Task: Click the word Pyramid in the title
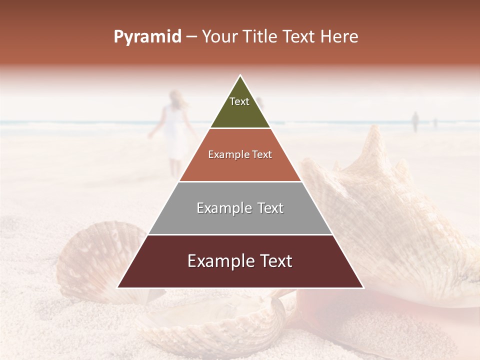(x=147, y=37)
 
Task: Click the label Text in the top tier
(x=239, y=101)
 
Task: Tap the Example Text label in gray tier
(x=240, y=208)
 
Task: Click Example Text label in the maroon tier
(x=240, y=261)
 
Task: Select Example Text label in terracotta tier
(x=240, y=154)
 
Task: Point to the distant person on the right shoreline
(x=415, y=121)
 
